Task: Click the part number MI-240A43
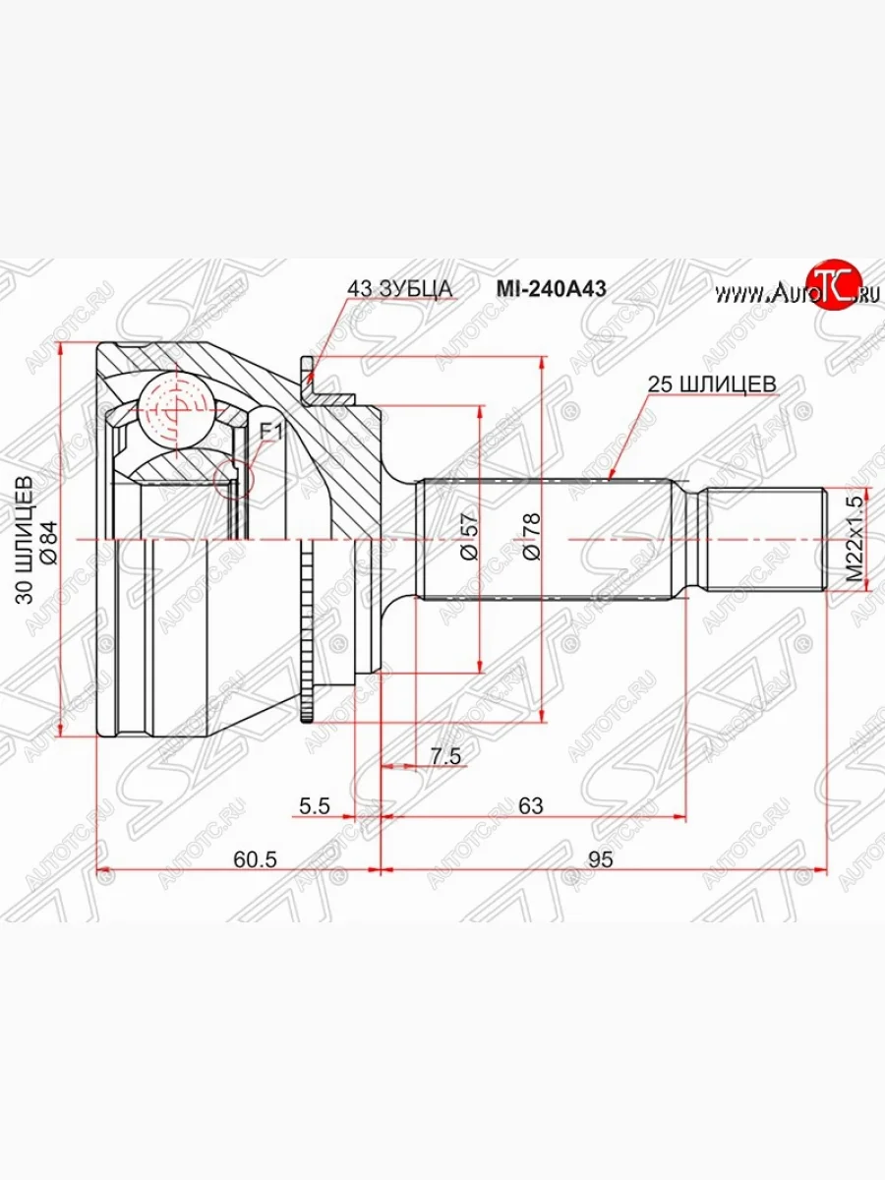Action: click(x=552, y=289)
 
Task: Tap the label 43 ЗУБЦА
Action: click(x=400, y=289)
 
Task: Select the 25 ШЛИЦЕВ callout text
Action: click(x=712, y=383)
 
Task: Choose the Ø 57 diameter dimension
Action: click(x=469, y=537)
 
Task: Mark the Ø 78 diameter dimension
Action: click(x=532, y=537)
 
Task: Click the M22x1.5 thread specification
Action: click(x=855, y=539)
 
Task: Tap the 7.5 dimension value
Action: click(x=446, y=757)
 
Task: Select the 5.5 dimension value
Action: click(x=315, y=806)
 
